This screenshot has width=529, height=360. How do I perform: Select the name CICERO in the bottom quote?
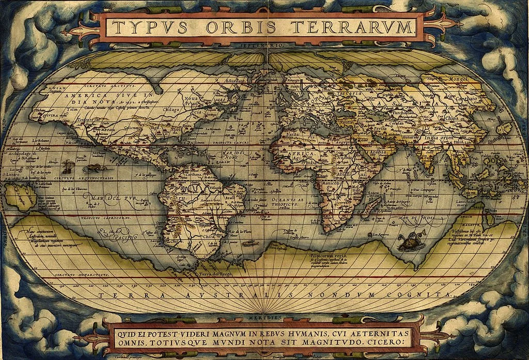pos(389,342)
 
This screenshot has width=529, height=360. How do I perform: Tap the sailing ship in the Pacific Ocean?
pos(67,166)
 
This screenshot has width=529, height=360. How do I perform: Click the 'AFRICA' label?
pos(302,153)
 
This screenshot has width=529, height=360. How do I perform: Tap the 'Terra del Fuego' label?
pos(214,272)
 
